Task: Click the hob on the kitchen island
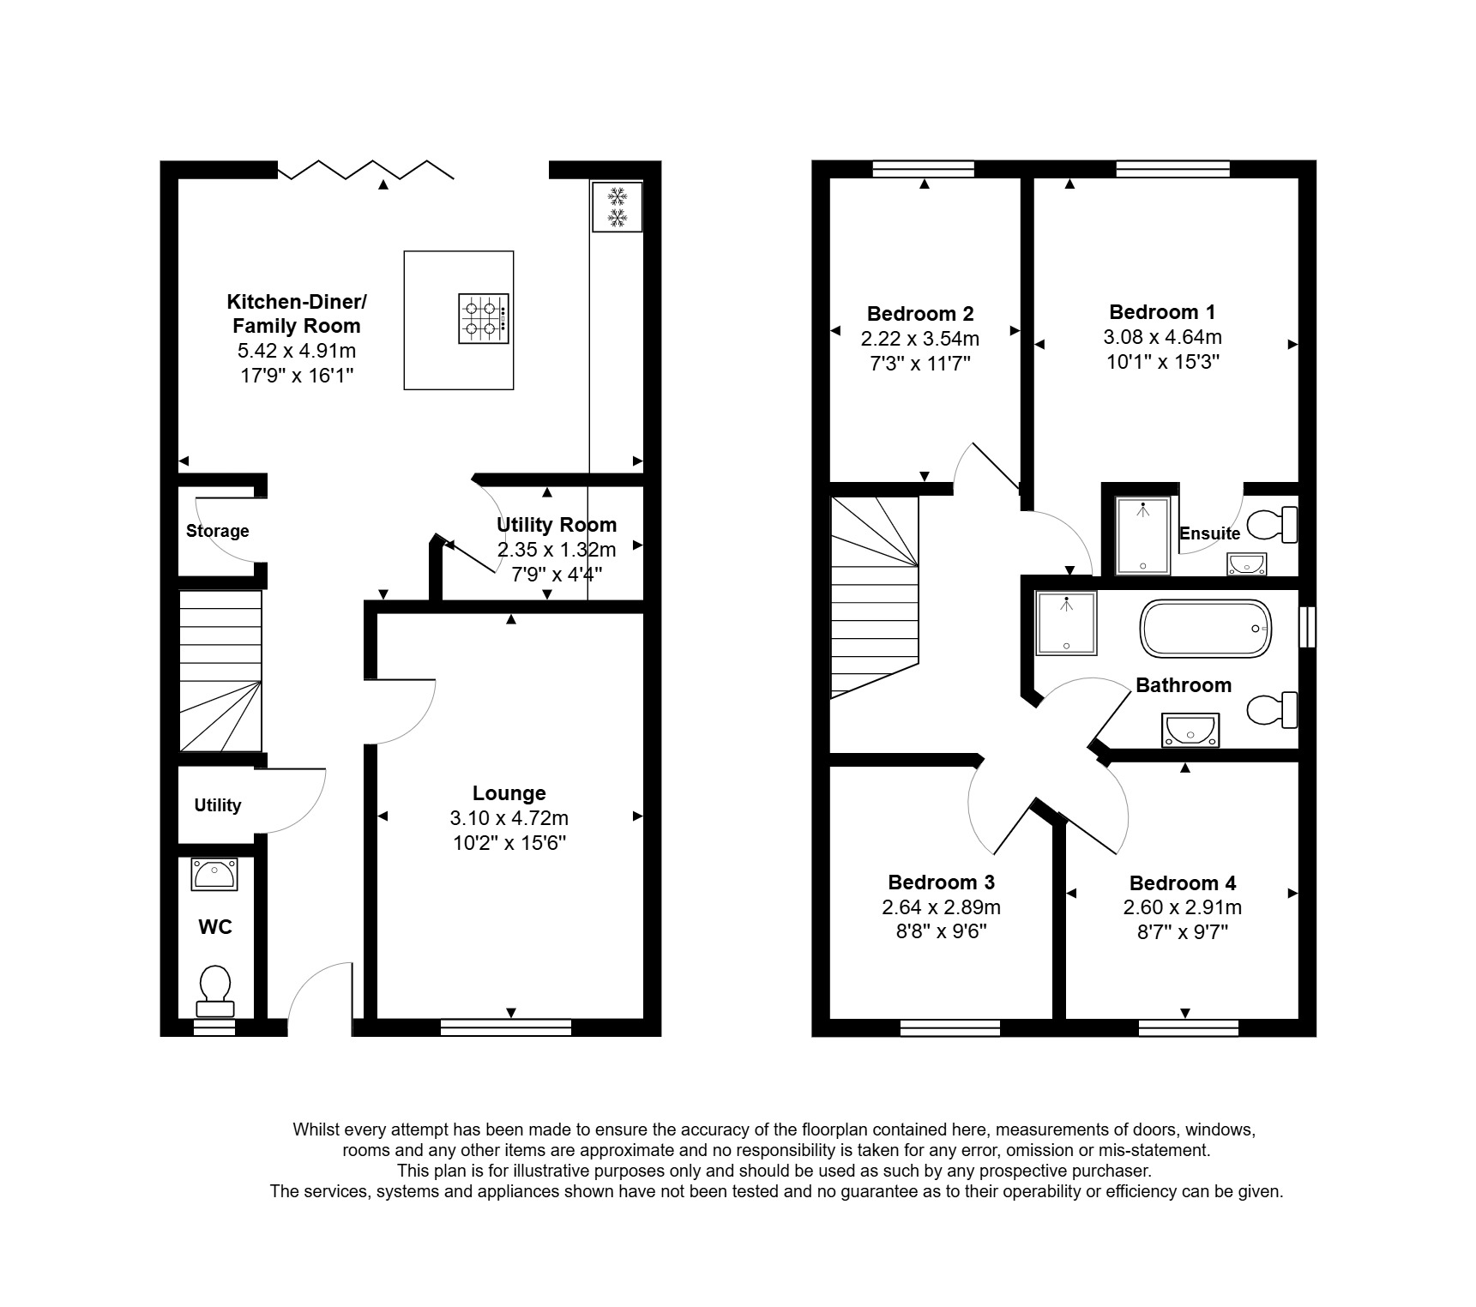click(483, 319)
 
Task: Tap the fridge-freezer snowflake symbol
click(616, 206)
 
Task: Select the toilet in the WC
click(215, 991)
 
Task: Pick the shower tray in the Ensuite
click(1142, 535)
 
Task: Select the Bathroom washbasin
click(1190, 731)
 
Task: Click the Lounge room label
click(509, 793)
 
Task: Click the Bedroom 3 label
click(941, 882)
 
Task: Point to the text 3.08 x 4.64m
click(1162, 337)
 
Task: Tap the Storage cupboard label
click(218, 531)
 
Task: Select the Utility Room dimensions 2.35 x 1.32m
click(557, 550)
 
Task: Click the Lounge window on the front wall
click(506, 1027)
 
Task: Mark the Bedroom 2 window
click(924, 169)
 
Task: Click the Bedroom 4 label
click(1183, 883)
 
